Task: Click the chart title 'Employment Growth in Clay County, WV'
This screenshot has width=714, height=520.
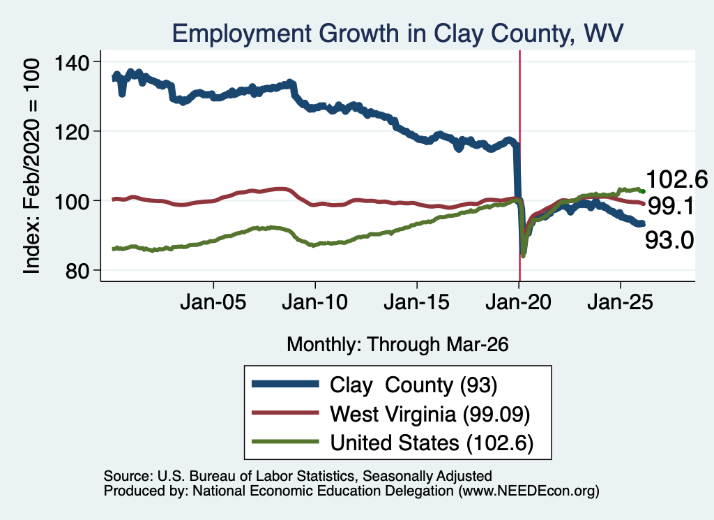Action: (397, 34)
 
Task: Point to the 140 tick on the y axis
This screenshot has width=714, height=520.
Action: (72, 62)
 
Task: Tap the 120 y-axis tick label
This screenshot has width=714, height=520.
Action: (72, 132)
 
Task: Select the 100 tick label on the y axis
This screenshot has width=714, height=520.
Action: (72, 201)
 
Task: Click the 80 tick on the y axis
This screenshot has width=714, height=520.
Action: (77, 271)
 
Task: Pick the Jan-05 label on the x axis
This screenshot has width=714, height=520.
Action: (213, 302)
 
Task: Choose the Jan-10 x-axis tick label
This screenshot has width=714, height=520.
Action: (314, 302)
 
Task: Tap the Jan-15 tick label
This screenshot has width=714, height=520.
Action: (417, 302)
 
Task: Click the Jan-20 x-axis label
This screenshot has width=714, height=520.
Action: (518, 302)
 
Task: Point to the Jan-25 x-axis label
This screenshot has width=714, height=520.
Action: (620, 302)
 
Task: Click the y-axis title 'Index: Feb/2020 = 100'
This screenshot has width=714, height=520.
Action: (31, 166)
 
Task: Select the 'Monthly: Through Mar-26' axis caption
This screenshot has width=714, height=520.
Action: (397, 345)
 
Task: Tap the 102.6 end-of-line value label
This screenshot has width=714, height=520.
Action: (676, 179)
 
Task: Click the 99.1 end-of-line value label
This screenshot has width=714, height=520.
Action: (671, 207)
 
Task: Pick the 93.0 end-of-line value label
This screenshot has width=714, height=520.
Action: (669, 240)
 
